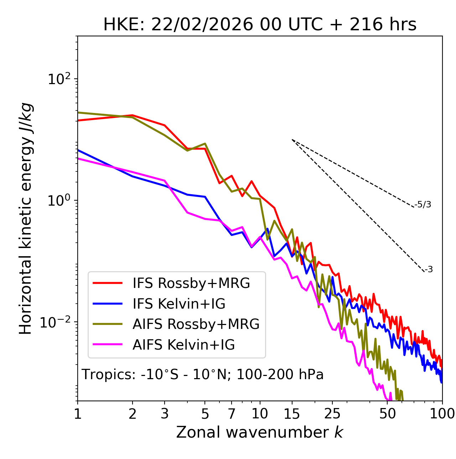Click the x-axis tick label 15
tap(292, 413)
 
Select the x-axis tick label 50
tap(387, 413)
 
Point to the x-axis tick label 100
tap(442, 413)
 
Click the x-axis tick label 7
tap(232, 413)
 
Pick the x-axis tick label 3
tap(164, 413)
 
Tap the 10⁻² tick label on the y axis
tap(57, 322)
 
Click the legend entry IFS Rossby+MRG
tap(191, 283)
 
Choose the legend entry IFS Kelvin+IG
tap(179, 304)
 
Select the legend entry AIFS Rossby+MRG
tap(196, 324)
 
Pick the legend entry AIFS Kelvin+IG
tap(183, 345)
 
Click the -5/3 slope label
tap(423, 205)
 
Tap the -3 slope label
tap(429, 270)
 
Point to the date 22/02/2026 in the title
tap(202, 25)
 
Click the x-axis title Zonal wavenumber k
tap(259, 432)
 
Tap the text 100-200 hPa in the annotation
tap(280, 375)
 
